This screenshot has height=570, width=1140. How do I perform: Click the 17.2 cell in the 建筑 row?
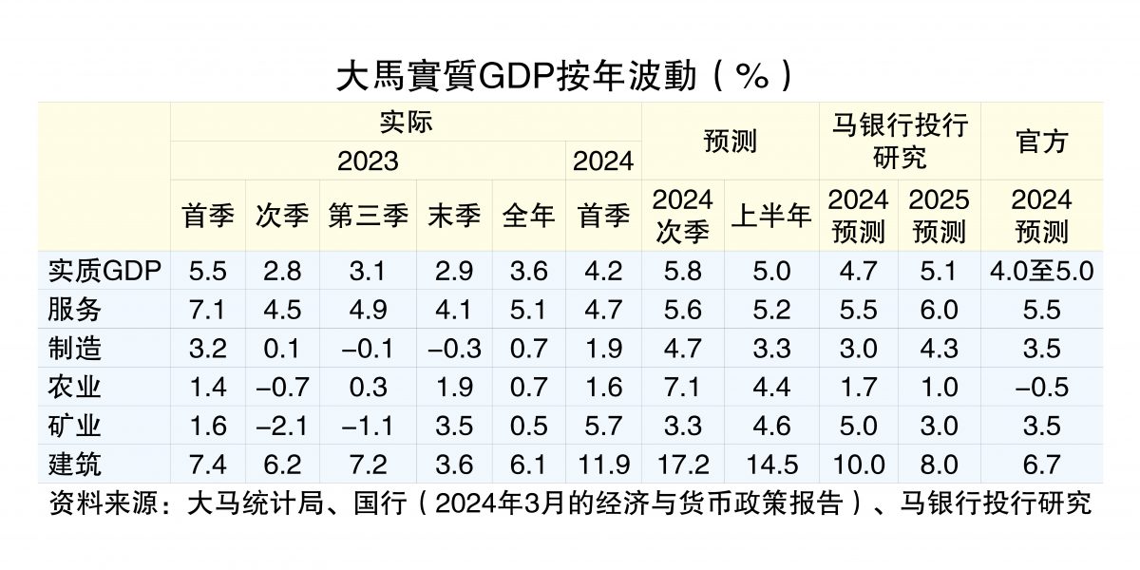coord(683,464)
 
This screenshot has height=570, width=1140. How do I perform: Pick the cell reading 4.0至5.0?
coord(1041,271)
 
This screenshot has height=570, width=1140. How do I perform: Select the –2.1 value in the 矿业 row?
coord(282,426)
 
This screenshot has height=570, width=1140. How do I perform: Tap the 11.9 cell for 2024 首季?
coord(603,464)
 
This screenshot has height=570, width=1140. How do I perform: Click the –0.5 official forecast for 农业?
coord(1041,387)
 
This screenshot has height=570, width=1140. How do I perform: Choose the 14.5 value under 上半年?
coord(770,464)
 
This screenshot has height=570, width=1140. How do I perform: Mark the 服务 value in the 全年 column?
coord(528,310)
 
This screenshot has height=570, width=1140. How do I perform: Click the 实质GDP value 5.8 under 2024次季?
coord(683,271)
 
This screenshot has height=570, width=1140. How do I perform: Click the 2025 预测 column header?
coord(939,215)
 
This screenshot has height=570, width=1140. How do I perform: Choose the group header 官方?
coord(1041,141)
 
